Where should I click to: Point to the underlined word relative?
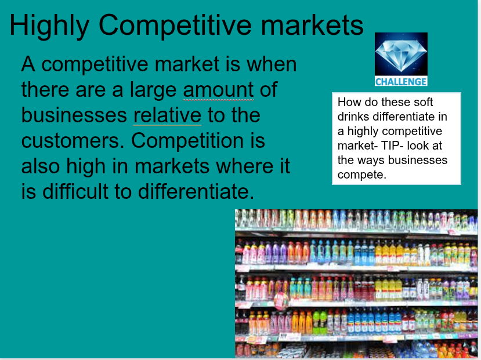click(x=167, y=115)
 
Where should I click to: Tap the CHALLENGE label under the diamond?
click(x=401, y=81)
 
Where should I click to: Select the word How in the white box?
click(x=348, y=102)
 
